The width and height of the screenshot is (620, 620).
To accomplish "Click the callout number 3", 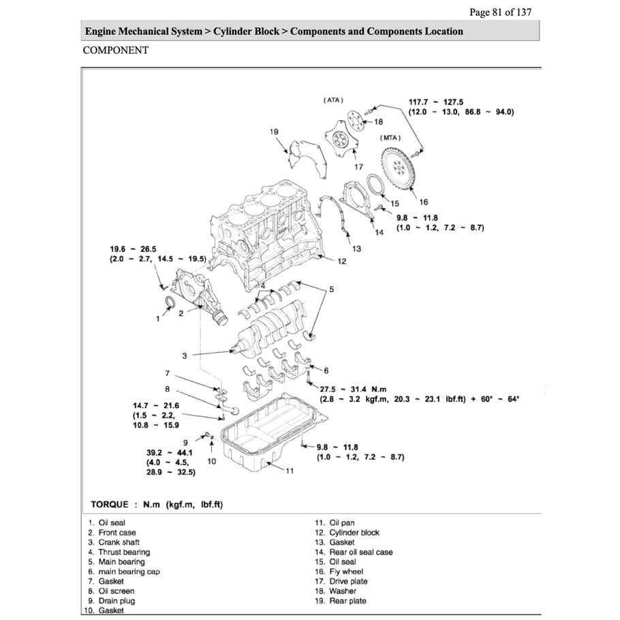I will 185,356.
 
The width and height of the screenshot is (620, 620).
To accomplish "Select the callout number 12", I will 342,261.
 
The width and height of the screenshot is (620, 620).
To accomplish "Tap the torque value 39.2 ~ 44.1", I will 155,452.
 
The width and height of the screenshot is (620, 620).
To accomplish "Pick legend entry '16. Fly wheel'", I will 339,572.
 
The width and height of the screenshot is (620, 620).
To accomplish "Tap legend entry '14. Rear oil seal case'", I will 353,552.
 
